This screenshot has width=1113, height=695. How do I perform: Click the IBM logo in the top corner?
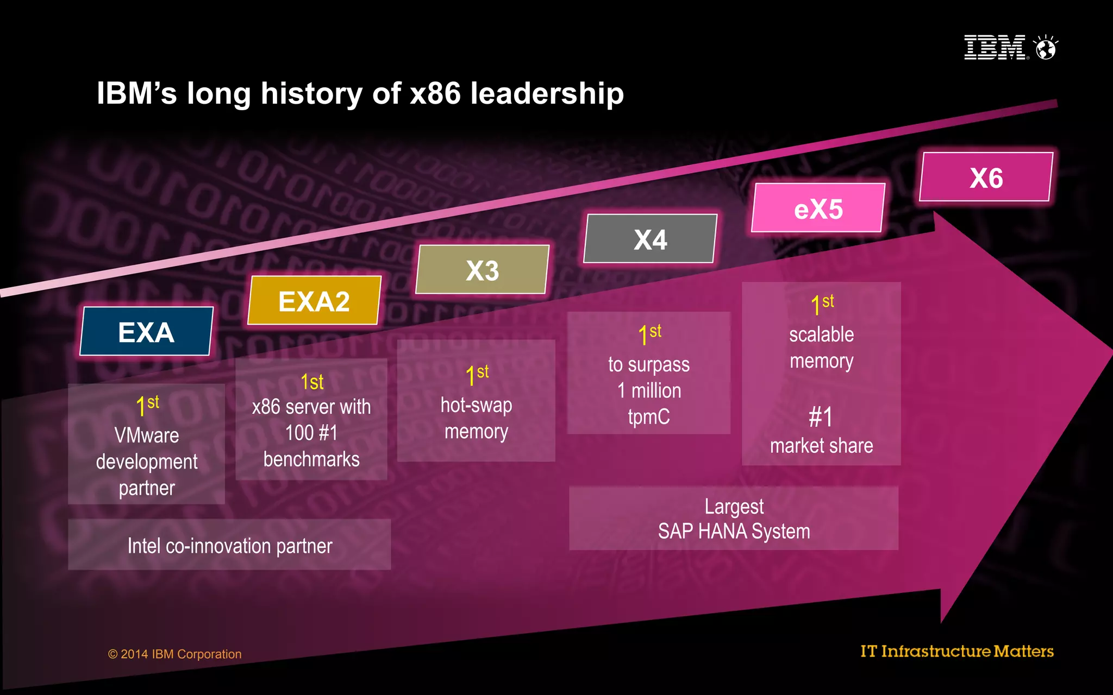click(995, 47)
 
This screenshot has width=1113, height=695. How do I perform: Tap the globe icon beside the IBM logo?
click(1046, 48)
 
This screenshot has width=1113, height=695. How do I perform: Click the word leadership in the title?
click(547, 93)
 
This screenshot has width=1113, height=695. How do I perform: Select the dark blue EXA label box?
click(146, 332)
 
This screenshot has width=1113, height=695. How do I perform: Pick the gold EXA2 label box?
click(314, 301)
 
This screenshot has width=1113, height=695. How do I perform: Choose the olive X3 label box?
click(482, 270)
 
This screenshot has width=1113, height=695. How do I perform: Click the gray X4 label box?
click(650, 239)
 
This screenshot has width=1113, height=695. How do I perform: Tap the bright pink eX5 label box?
click(818, 208)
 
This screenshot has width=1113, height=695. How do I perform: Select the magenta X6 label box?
click(986, 178)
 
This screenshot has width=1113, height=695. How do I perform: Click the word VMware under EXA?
click(146, 435)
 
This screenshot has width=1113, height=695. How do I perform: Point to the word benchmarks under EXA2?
click(311, 459)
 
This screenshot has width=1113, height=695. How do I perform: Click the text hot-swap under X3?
click(476, 405)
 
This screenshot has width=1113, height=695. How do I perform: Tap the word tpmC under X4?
click(649, 417)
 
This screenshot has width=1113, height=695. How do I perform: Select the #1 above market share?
click(821, 417)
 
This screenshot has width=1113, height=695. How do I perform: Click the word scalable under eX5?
click(821, 334)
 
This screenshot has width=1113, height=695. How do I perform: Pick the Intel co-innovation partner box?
click(229, 545)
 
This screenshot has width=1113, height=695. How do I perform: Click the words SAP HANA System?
click(734, 531)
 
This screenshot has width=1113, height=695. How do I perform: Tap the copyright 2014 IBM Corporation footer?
click(174, 654)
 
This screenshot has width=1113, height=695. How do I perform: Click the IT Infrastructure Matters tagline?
click(956, 651)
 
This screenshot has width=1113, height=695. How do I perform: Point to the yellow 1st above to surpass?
click(649, 333)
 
